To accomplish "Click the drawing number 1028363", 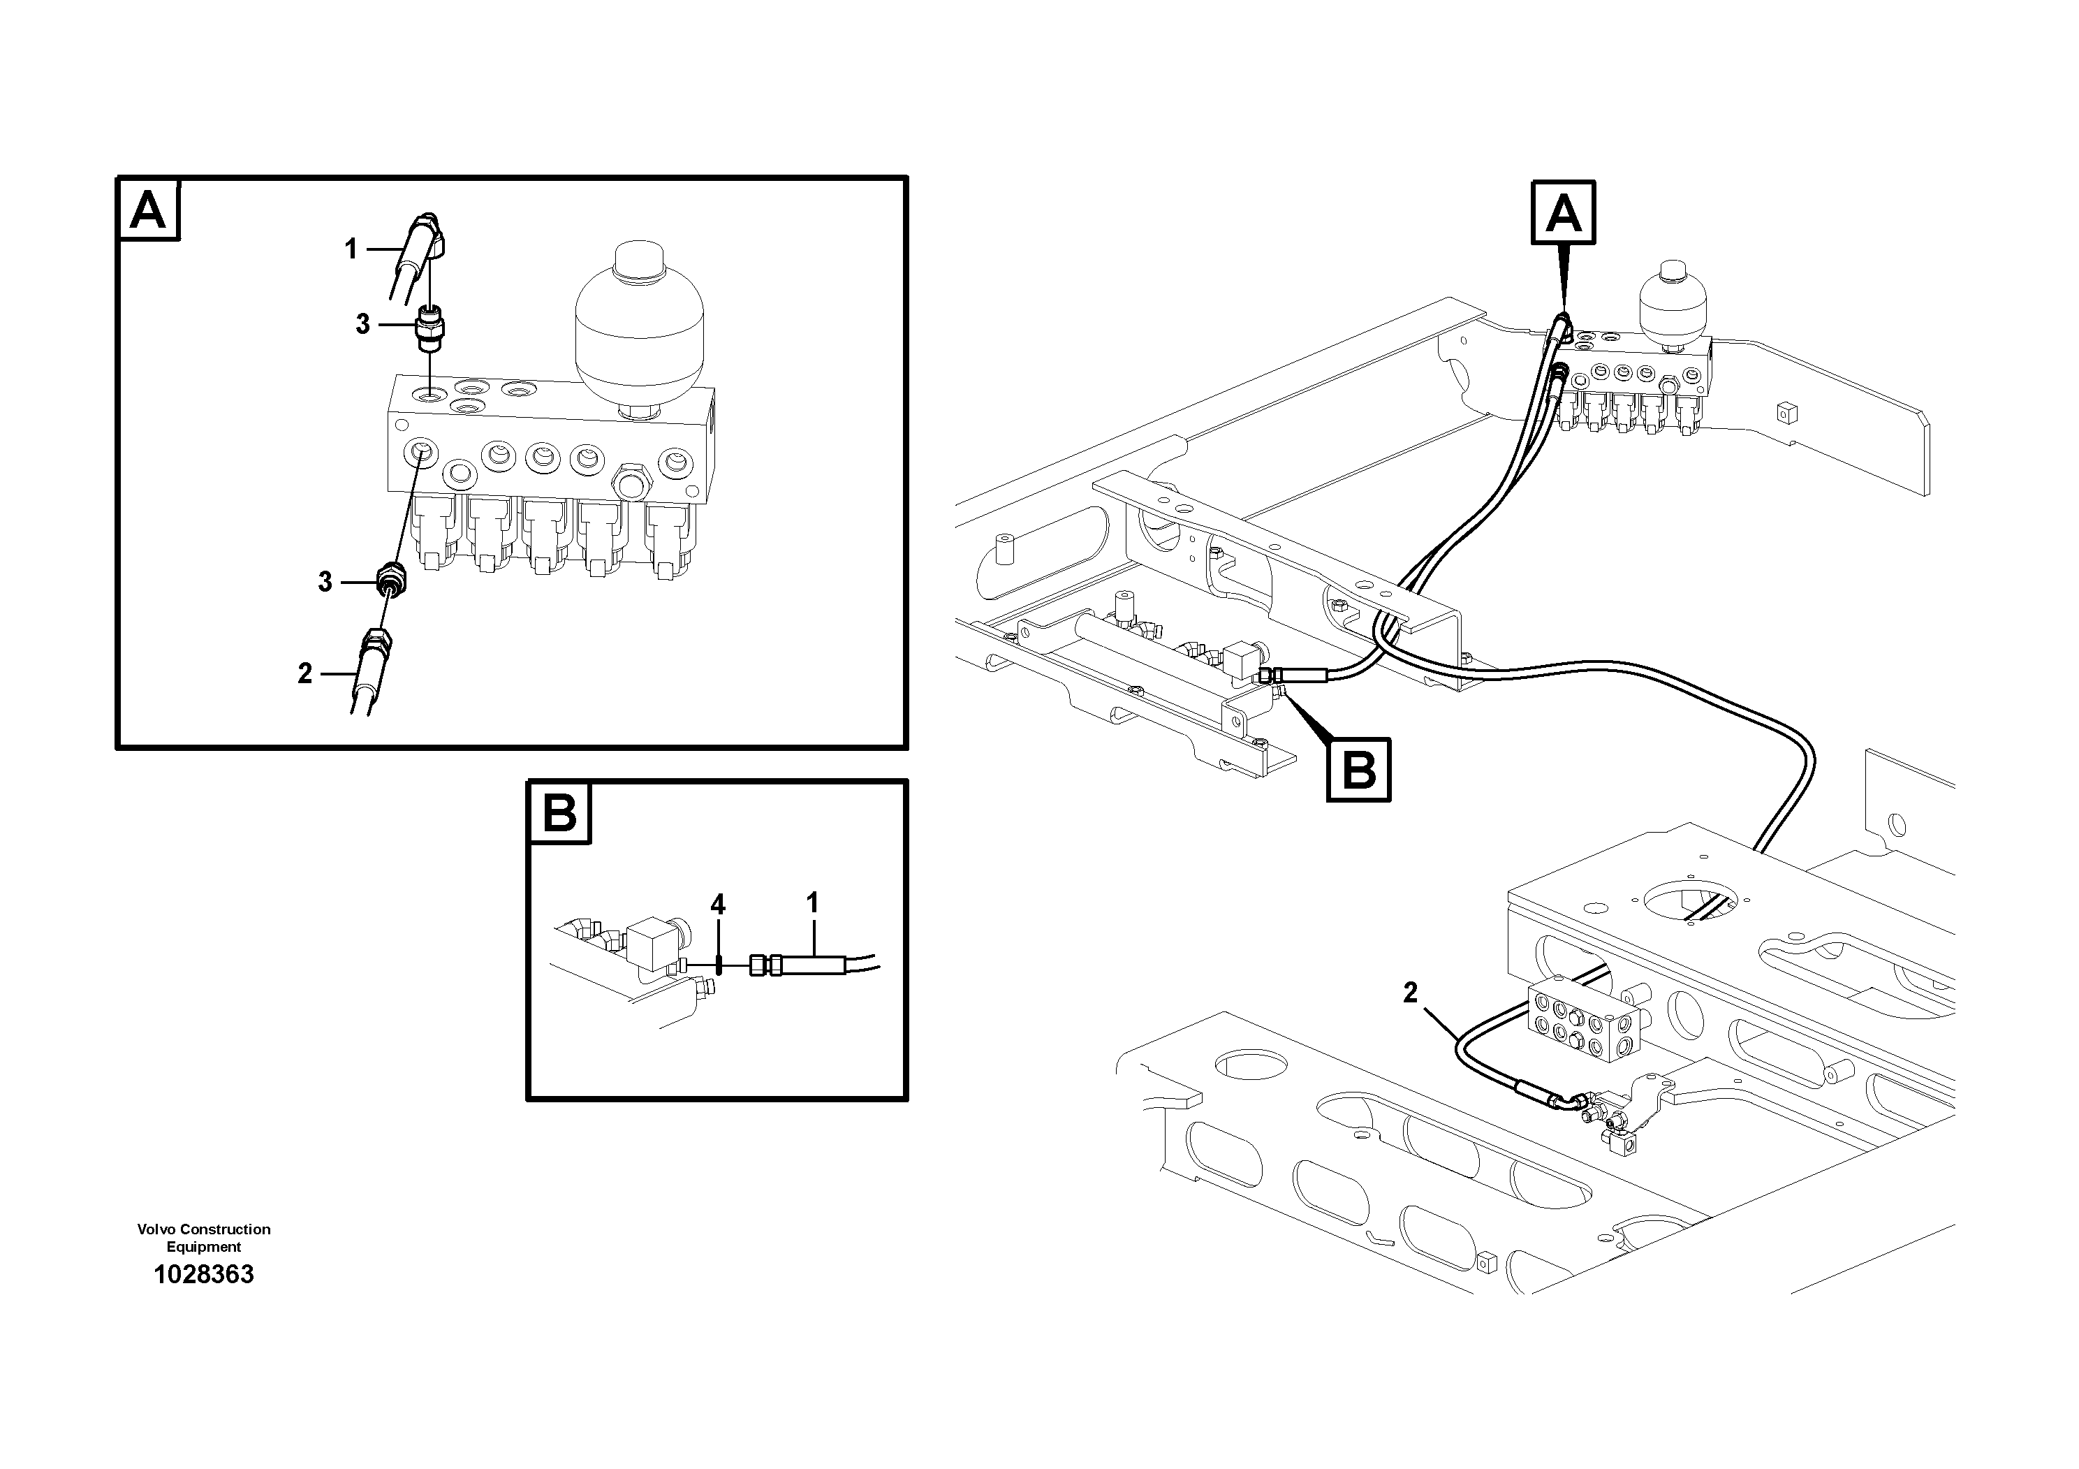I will [x=204, y=1274].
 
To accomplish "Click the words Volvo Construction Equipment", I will [x=204, y=1237].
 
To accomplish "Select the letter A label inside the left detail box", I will [x=149, y=210].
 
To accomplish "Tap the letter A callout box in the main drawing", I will [x=1563, y=214].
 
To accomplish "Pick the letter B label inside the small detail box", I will [x=559, y=812].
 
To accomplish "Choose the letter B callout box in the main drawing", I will [x=1358, y=770].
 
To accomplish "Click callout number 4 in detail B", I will [x=717, y=904].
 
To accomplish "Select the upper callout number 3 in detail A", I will [x=362, y=324].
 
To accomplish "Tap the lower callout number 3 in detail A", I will [x=325, y=581].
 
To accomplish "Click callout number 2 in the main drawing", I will [x=1410, y=993].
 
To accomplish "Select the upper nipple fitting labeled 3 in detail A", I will [x=429, y=328].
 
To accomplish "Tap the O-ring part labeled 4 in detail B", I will [x=718, y=965].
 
